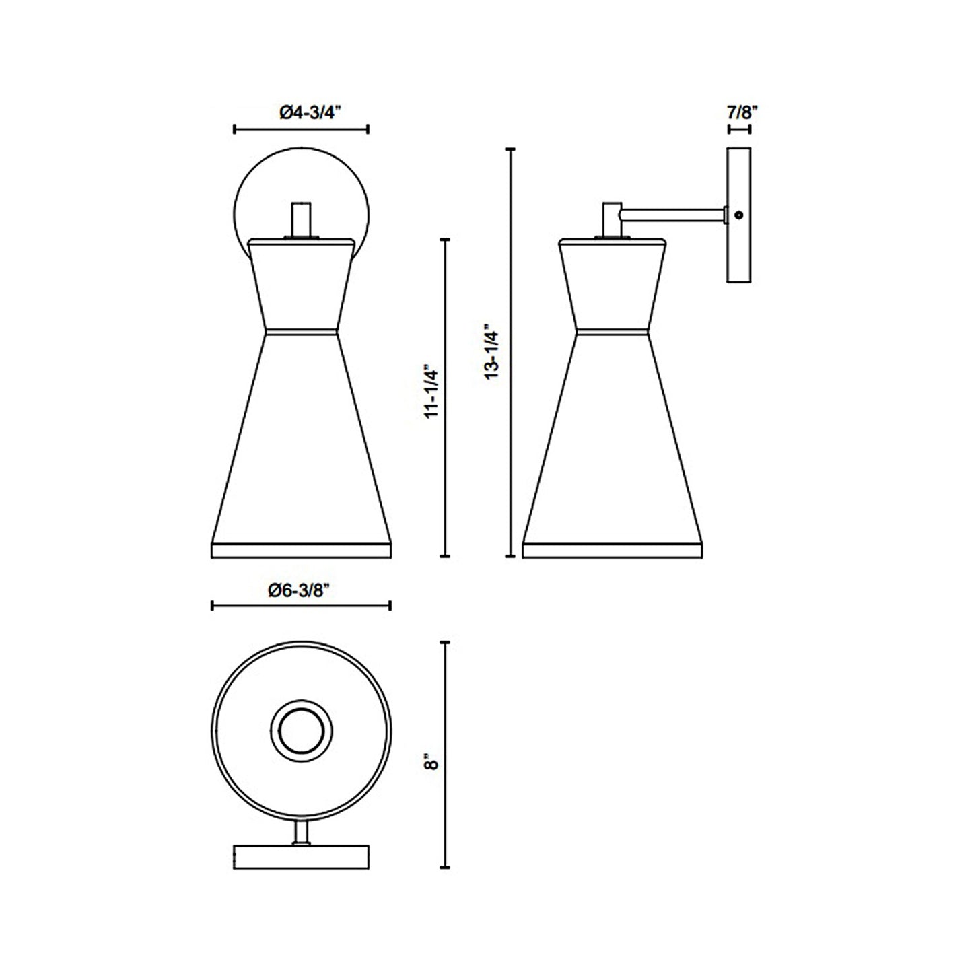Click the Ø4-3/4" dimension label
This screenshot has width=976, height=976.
tap(300, 112)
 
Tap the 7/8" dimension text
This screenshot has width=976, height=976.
tap(738, 112)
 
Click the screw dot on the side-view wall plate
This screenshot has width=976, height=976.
tap(739, 215)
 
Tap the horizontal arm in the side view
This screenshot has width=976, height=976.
tap(673, 215)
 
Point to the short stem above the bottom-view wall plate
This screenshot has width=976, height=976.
tap(302, 832)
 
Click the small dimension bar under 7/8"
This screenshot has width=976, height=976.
tap(738, 129)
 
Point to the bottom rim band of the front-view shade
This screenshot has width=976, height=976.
tap(301, 549)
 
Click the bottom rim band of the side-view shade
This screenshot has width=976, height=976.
tap(613, 549)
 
